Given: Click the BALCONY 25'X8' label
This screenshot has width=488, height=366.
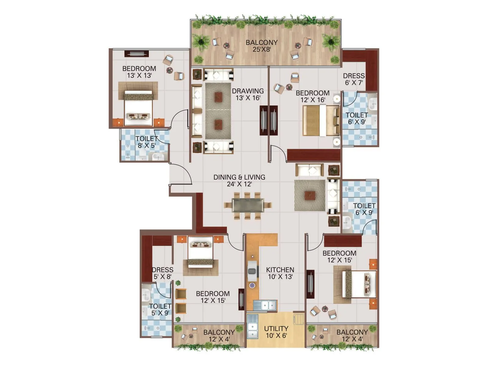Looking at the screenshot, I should [261, 46].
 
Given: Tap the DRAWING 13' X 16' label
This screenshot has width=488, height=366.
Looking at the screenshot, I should [248, 94].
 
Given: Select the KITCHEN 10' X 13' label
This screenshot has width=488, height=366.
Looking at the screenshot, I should [280, 273].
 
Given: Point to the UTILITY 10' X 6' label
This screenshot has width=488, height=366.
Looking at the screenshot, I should [276, 332].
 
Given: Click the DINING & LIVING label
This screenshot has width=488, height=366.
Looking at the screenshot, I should [239, 180].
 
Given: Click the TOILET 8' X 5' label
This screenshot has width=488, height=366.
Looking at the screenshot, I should [147, 142].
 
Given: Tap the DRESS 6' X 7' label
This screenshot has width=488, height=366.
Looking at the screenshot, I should [353, 79].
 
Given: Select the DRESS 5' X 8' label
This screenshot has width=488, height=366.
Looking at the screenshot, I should [162, 273].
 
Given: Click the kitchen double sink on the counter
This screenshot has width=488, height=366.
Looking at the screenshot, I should [265, 305].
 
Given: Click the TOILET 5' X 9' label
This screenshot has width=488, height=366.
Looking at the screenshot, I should [160, 309].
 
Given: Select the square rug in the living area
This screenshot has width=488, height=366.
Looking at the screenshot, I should [310, 195].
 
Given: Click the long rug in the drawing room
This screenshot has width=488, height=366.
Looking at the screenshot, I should [218, 110].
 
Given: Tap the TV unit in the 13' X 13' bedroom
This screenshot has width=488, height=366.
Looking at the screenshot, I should [136, 54].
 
